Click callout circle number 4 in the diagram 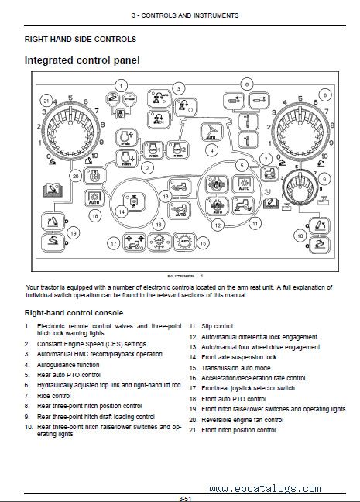[211, 150]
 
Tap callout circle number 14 [122, 211]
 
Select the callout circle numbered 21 [46, 101]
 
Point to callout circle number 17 [113, 243]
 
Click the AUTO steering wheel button [211, 132]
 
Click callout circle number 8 [325, 95]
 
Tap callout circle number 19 [74, 233]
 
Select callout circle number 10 [300, 236]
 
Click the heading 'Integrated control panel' [82, 60]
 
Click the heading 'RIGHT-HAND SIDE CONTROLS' [81, 40]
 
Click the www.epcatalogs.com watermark [266, 489]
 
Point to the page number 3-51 [185, 498]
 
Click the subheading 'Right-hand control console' [74, 313]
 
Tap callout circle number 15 [203, 243]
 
